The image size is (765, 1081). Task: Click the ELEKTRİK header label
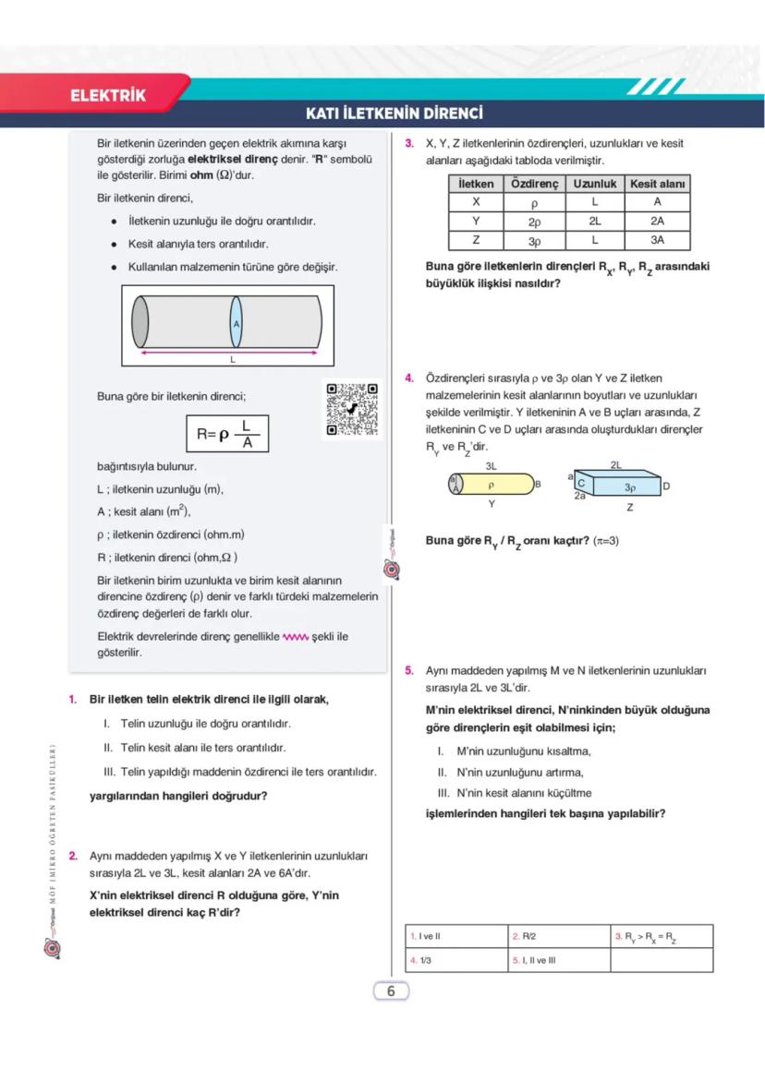[108, 95]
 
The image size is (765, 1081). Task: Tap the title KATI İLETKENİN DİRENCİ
[395, 114]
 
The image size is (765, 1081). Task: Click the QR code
[352, 409]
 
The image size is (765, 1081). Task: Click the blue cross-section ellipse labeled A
[237, 323]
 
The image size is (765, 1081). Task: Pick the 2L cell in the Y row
[595, 222]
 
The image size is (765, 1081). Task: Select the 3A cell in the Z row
[657, 240]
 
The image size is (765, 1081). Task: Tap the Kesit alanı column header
[657, 184]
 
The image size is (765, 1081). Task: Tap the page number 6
[391, 991]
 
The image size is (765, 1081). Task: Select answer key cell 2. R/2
[558, 936]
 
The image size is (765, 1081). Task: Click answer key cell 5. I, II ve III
[558, 960]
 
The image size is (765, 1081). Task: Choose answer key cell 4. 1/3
[455, 960]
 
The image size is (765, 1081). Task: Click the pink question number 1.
[72, 700]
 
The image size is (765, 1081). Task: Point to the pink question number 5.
[408, 669]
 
